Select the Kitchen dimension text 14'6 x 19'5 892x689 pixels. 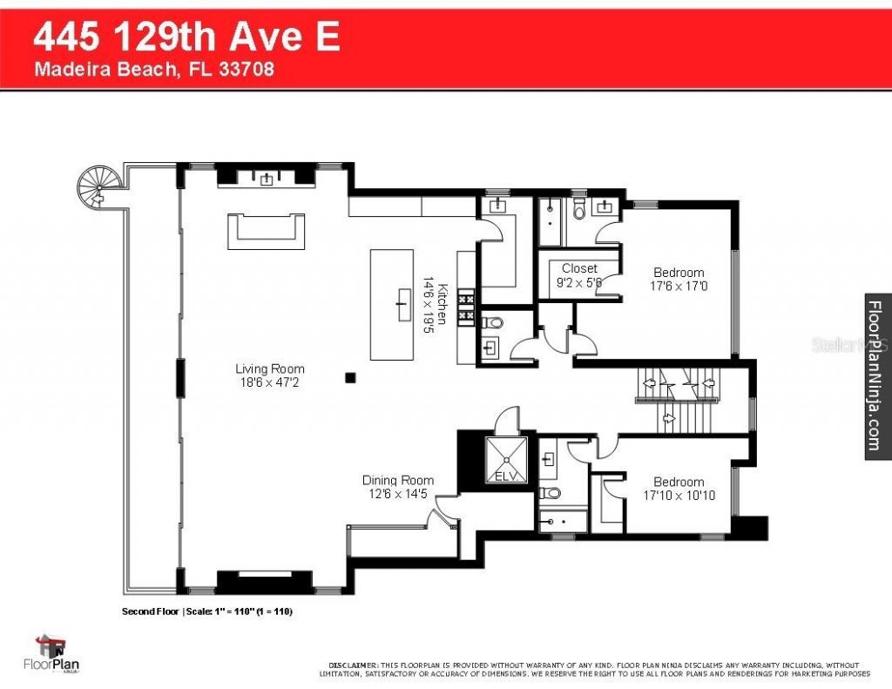click(x=429, y=301)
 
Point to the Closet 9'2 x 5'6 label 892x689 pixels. click(x=579, y=275)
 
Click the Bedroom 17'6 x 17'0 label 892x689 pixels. click(x=679, y=279)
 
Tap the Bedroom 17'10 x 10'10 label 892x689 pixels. click(x=679, y=489)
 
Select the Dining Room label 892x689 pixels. click(x=397, y=487)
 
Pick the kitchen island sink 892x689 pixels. click(x=402, y=304)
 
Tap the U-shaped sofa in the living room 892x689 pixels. click(x=267, y=231)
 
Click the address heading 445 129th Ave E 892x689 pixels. click(x=186, y=38)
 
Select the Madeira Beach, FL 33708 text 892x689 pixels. click(x=154, y=71)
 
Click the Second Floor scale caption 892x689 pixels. click(x=206, y=611)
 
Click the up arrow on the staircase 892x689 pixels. click(x=669, y=418)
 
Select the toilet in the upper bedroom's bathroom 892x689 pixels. click(x=578, y=210)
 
